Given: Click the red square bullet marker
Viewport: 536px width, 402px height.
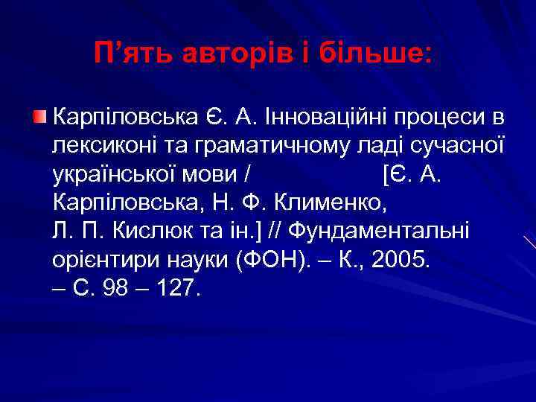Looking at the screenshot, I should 41,115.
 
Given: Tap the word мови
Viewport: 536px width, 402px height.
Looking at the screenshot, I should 209,175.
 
